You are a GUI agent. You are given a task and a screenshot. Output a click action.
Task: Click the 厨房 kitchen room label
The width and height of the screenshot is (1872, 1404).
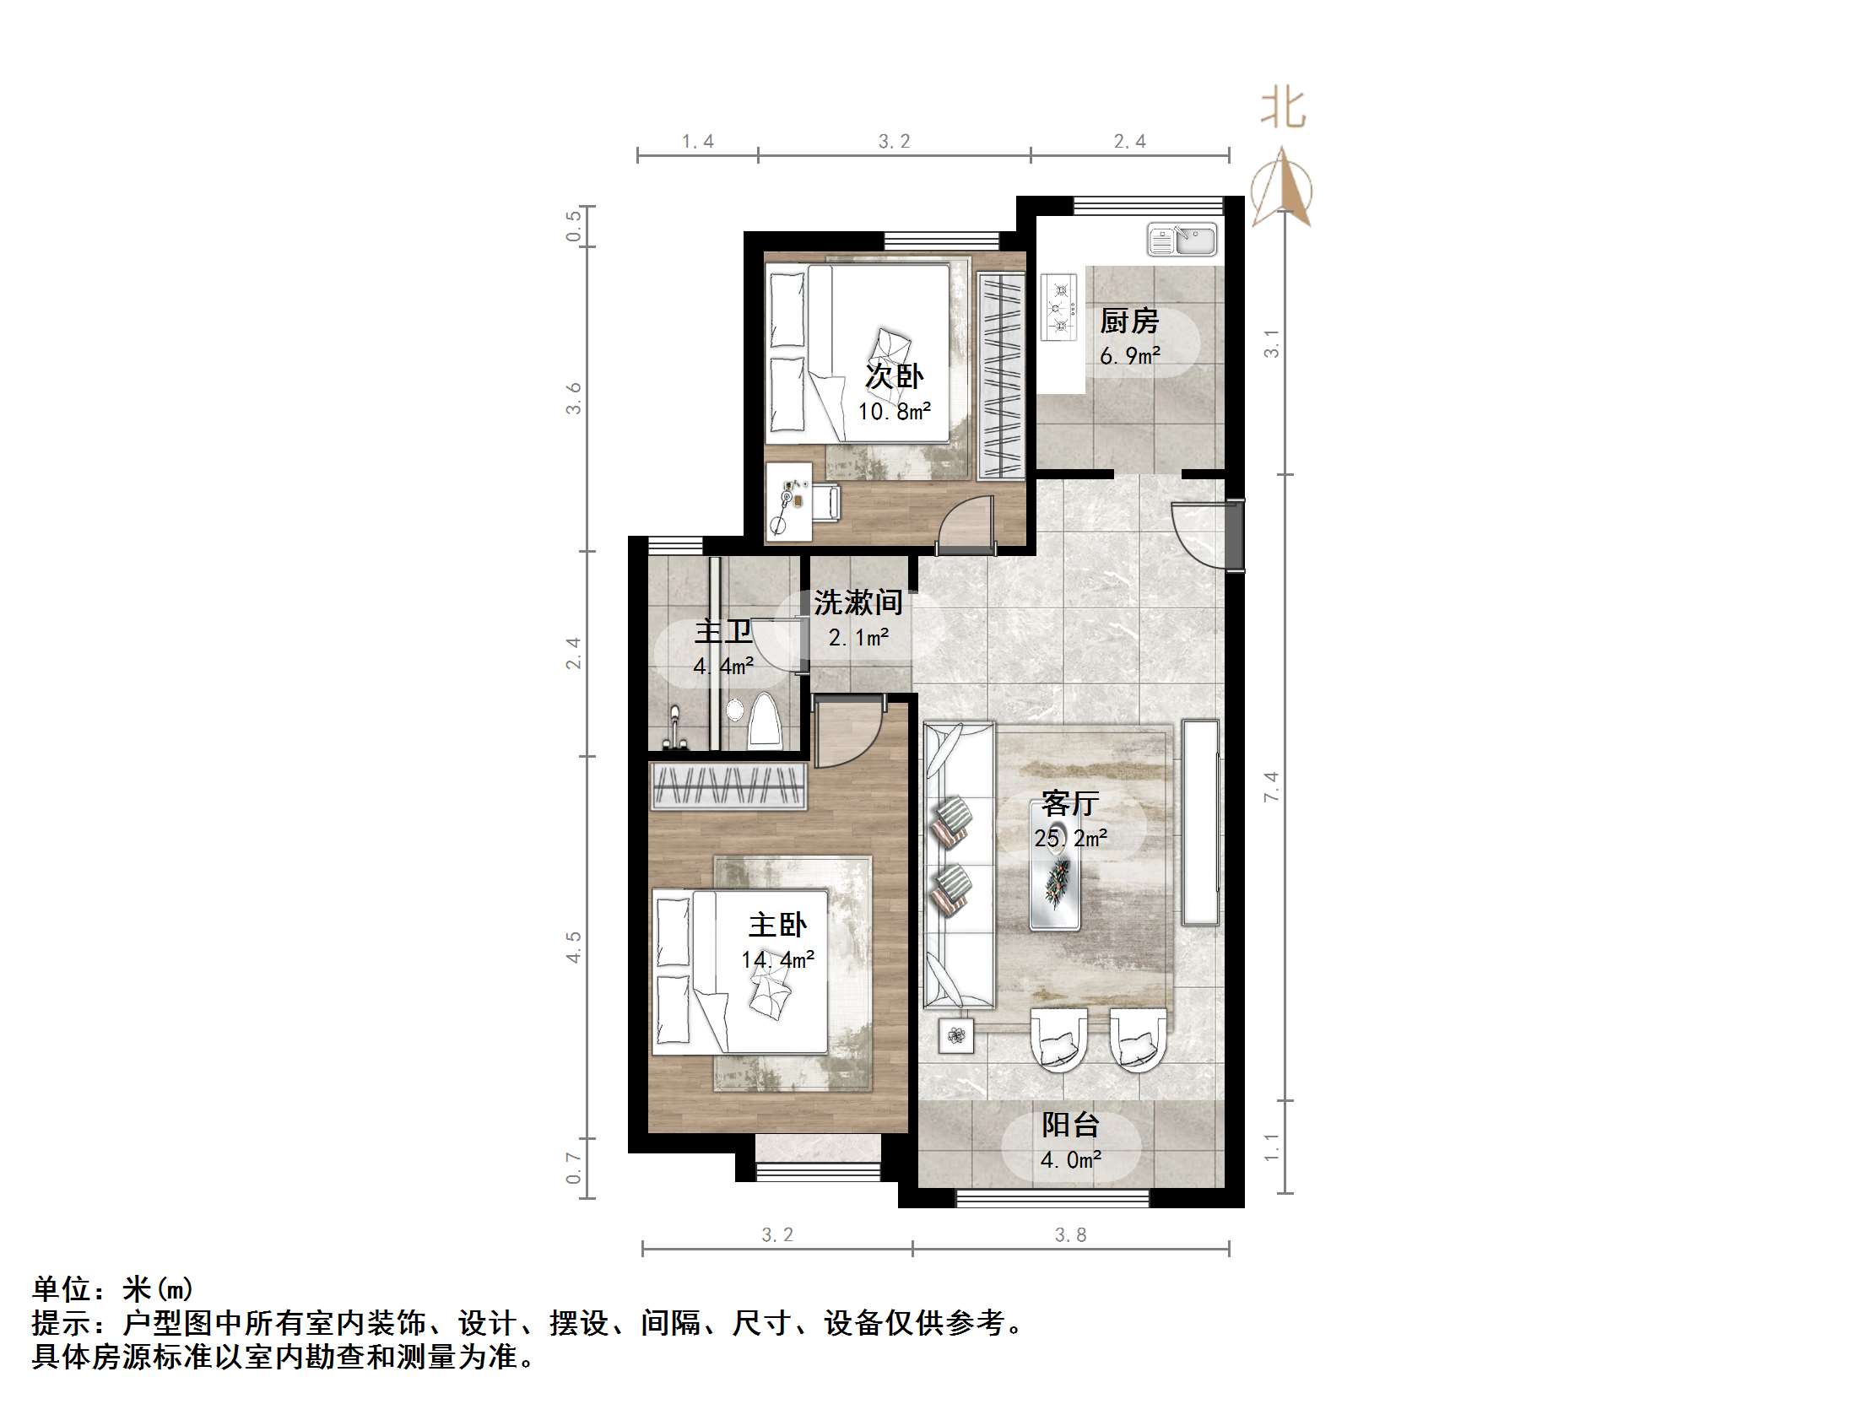click(1129, 321)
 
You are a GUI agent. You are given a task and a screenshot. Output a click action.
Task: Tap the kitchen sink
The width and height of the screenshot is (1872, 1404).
click(1182, 240)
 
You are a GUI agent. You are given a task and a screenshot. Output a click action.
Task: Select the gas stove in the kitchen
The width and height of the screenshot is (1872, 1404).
click(1058, 306)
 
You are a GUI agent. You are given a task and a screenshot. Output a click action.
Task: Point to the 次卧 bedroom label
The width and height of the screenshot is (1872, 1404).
click(894, 376)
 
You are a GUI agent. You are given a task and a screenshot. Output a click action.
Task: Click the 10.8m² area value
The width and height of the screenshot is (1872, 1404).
click(894, 412)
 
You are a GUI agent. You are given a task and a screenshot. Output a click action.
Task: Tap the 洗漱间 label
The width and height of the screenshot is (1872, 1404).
click(858, 602)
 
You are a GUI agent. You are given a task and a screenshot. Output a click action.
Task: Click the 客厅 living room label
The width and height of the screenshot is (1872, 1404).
click(1069, 803)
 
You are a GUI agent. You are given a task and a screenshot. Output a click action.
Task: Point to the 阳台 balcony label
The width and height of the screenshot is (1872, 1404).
click(1069, 1125)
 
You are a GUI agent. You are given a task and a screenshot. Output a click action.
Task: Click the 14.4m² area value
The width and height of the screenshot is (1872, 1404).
click(777, 959)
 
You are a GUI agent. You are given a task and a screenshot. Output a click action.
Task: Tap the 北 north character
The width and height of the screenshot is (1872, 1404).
click(1283, 110)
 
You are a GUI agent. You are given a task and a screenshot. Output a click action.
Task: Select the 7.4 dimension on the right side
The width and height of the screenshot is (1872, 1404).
click(1271, 787)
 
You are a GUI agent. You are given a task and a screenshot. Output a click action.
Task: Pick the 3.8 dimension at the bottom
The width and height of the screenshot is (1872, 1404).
click(1070, 1234)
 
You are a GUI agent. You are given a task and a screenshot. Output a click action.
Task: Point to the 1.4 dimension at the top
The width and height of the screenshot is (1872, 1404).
click(698, 142)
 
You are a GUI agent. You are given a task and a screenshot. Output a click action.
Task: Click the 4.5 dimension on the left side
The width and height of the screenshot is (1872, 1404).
click(574, 947)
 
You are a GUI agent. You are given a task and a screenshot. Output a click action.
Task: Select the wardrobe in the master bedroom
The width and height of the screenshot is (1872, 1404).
click(728, 786)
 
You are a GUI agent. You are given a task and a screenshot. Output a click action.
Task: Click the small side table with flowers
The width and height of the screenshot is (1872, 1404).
click(956, 1035)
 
